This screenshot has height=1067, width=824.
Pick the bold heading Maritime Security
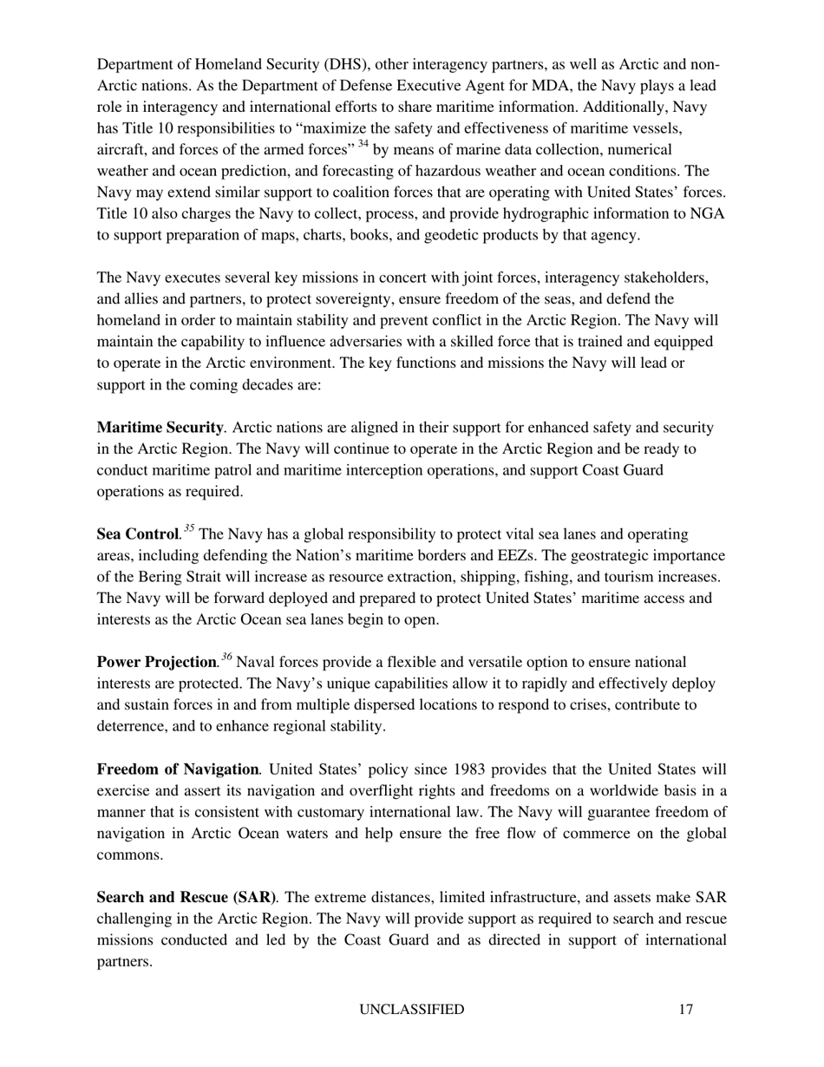click(x=160, y=428)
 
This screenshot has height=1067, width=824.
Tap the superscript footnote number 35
click(x=188, y=528)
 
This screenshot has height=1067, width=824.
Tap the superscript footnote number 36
click(x=226, y=657)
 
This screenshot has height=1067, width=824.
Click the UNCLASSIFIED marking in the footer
click(x=412, y=1010)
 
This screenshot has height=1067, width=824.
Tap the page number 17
click(x=686, y=1010)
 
